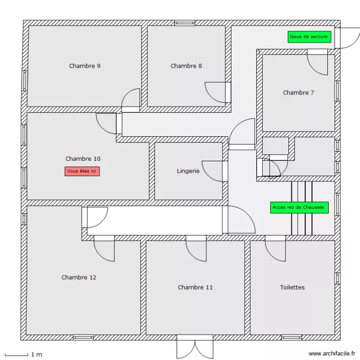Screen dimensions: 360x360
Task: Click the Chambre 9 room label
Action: click(85, 66)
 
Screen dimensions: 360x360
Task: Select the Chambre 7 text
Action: click(299, 93)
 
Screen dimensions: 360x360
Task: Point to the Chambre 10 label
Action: click(83, 159)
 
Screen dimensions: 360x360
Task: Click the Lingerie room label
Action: click(188, 171)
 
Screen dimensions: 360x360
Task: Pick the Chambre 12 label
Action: click(79, 277)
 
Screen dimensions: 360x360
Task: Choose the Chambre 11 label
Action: click(195, 288)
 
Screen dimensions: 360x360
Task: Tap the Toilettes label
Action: click(292, 288)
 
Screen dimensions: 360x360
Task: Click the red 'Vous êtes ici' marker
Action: click(82, 171)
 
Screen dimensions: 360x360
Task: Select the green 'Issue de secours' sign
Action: click(310, 36)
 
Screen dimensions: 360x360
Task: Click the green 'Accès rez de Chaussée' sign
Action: click(299, 207)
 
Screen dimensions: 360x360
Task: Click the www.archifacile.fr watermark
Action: click(331, 352)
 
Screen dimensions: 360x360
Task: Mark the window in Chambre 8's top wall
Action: click(185, 23)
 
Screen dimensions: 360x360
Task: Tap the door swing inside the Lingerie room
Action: click(214, 171)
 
